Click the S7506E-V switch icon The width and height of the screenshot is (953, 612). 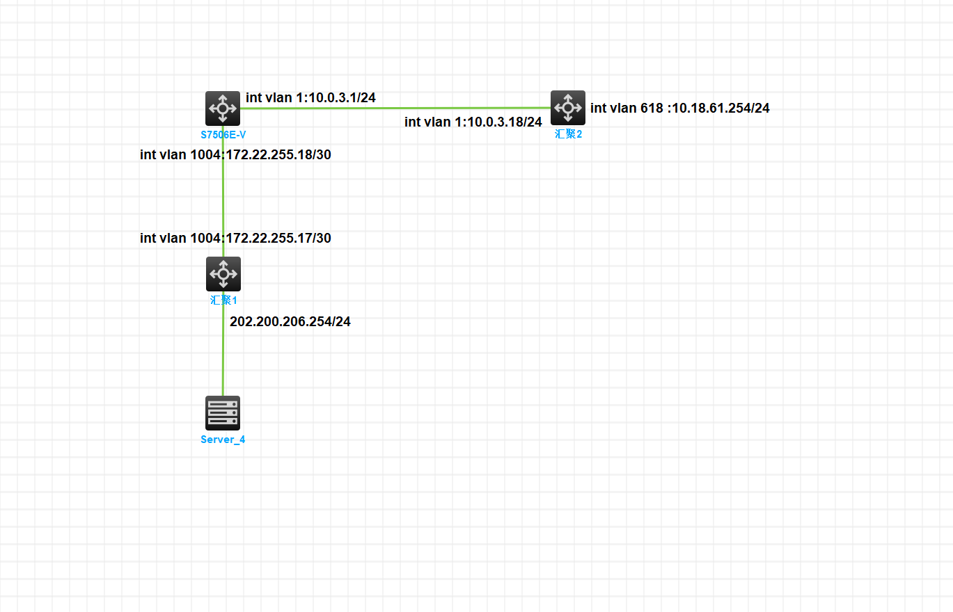tap(223, 108)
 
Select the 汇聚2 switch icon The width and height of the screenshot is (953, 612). tap(568, 107)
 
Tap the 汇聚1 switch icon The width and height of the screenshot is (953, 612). tap(223, 273)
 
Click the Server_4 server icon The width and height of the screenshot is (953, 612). tap(223, 412)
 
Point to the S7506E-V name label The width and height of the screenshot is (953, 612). tap(223, 134)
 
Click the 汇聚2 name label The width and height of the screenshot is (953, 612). tap(568, 134)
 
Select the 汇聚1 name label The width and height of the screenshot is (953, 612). tap(223, 300)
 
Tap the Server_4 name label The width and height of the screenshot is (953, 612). tap(223, 440)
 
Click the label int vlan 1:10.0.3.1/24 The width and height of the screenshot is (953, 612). tap(310, 98)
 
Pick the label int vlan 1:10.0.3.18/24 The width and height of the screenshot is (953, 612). tap(473, 122)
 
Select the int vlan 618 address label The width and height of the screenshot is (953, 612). tap(679, 108)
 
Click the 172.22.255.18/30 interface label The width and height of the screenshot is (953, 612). tap(235, 155)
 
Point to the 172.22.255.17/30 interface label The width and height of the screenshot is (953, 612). tap(235, 239)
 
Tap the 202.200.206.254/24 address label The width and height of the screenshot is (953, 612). tap(290, 322)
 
